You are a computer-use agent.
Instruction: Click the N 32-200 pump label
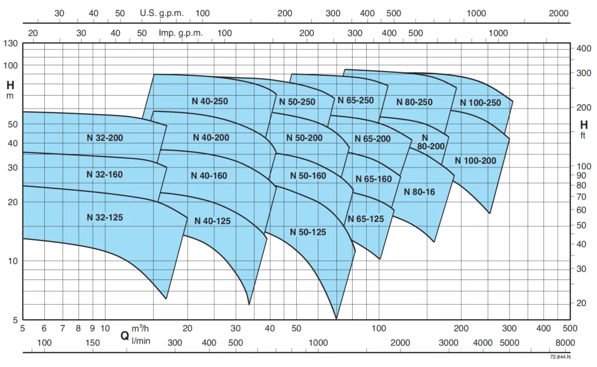point(105,138)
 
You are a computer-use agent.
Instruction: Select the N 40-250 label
point(210,101)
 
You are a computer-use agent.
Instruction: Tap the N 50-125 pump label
point(308,232)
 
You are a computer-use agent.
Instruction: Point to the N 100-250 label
point(480,103)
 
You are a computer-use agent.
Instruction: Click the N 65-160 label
point(374,179)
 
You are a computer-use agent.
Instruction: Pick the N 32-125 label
point(105,217)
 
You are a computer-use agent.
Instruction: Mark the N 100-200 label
point(475,160)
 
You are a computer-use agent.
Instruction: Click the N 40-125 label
point(212,221)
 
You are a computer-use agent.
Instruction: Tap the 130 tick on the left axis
point(12,44)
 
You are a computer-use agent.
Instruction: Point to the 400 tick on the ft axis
point(584,48)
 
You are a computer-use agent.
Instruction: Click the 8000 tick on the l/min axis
point(565,342)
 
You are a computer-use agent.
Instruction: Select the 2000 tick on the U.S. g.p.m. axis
point(559,13)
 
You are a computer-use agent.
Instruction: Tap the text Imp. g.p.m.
point(181,33)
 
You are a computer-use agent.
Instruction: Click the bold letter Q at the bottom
point(124,335)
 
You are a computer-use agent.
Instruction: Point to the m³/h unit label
point(141,329)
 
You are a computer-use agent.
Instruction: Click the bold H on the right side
point(584,125)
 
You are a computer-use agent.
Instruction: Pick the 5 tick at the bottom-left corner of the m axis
point(15,320)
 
